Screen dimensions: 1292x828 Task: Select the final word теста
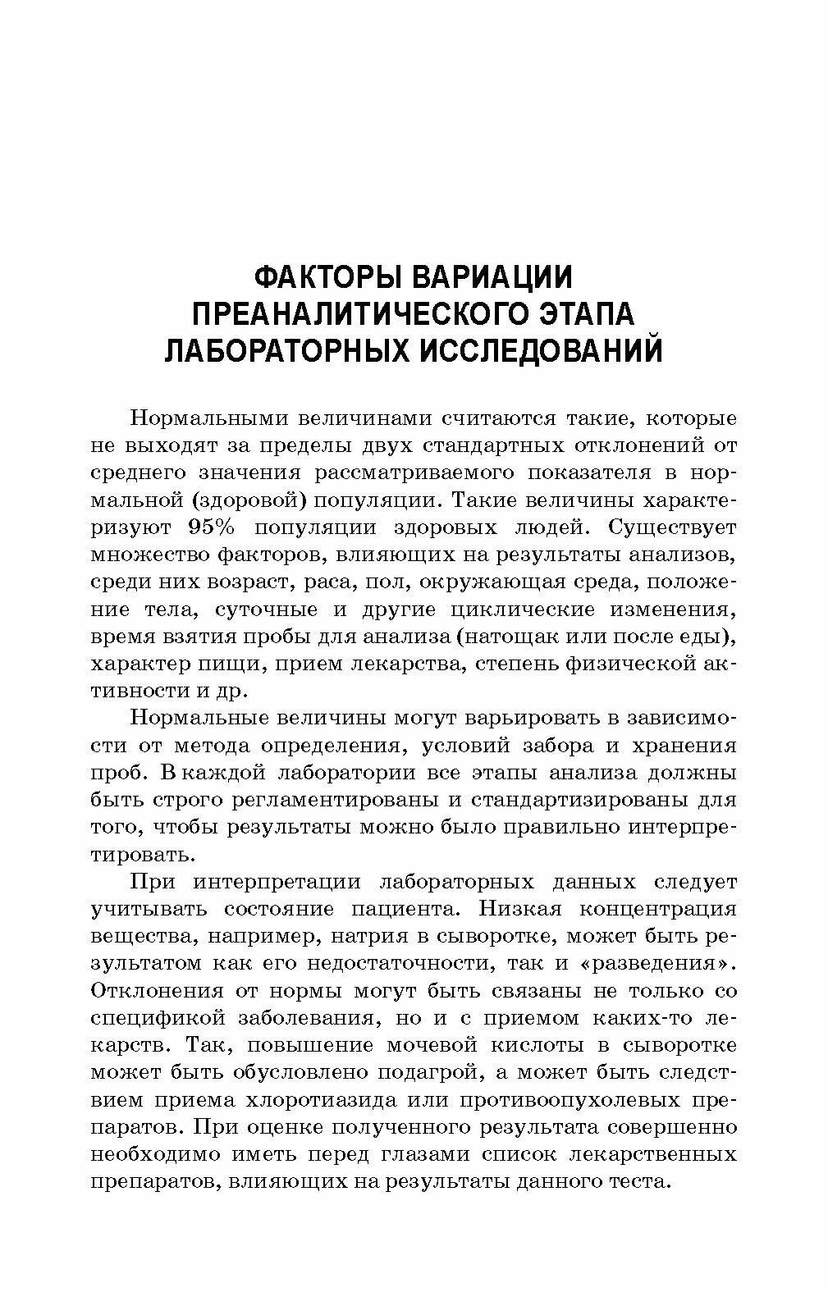(641, 1181)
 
